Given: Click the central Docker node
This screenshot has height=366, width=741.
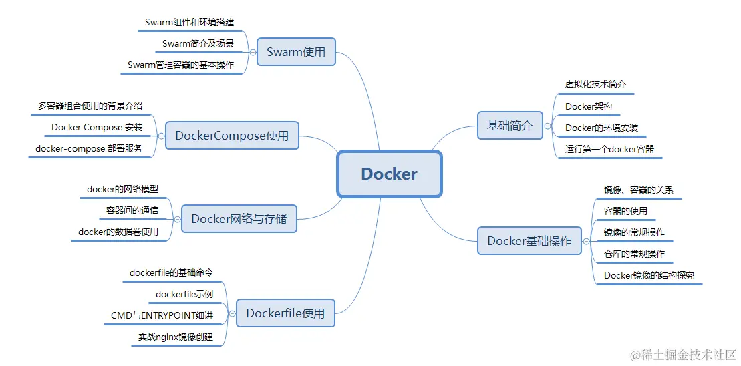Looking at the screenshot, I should click(389, 174).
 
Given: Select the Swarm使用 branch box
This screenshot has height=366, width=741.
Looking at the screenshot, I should click(295, 51).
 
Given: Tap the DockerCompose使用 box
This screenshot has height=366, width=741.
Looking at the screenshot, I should click(232, 136).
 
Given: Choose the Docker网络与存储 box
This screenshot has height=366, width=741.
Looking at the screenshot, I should click(239, 219).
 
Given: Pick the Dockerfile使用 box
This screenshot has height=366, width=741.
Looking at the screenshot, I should click(285, 313).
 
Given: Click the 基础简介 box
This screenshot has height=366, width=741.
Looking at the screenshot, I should click(510, 125).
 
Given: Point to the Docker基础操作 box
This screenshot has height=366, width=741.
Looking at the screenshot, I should click(529, 241).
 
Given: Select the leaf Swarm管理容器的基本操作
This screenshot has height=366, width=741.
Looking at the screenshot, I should click(180, 65).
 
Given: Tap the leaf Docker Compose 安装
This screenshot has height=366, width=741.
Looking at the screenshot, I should click(97, 127).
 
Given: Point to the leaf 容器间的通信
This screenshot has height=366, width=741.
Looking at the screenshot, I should click(132, 210).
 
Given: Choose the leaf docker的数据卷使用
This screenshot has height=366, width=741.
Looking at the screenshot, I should click(118, 232).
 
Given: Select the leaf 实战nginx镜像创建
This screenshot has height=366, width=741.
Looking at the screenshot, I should click(176, 337).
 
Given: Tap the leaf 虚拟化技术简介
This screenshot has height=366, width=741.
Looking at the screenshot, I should click(595, 85).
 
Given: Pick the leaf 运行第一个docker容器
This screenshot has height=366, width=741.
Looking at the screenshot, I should click(609, 149).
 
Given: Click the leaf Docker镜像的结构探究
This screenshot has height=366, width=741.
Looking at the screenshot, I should click(649, 275).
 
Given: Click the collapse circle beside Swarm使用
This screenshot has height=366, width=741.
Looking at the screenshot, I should click(252, 51).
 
